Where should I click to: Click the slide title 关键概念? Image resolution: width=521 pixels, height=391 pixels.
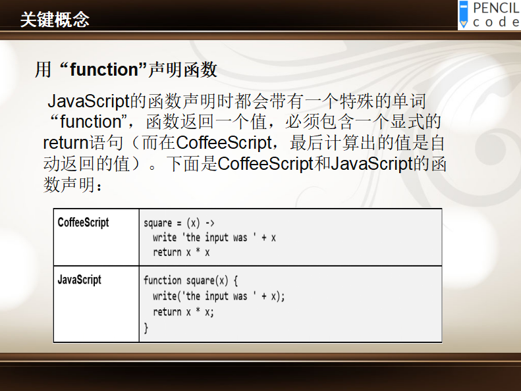[x=55, y=19]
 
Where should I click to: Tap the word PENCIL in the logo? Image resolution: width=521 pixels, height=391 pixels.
[x=497, y=8]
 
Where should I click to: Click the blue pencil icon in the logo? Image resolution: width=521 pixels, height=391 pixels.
[x=463, y=14]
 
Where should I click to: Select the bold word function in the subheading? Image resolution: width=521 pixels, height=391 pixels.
[x=103, y=69]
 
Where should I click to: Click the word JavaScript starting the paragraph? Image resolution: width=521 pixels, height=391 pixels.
[x=88, y=101]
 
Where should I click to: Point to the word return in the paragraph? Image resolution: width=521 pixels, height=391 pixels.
[x=66, y=143]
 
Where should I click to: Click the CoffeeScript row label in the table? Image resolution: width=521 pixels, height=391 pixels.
[x=83, y=222]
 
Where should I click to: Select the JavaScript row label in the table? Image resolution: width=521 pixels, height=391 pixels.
[x=80, y=280]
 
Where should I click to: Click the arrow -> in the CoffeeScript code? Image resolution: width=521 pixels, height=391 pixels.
[x=210, y=223]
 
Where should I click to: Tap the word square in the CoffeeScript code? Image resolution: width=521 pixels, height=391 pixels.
[x=158, y=223]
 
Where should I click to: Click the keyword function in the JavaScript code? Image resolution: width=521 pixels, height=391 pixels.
[x=163, y=280]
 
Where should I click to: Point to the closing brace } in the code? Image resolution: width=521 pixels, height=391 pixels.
[x=146, y=328]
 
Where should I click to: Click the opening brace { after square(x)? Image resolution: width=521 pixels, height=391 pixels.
[x=236, y=280]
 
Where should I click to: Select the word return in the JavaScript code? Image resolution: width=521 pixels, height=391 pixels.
[x=167, y=312]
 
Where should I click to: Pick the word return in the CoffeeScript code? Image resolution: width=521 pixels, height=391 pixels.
[x=167, y=252]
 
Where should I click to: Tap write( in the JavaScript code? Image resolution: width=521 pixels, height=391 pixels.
[x=167, y=296]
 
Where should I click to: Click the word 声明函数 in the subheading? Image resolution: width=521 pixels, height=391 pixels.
[x=182, y=69]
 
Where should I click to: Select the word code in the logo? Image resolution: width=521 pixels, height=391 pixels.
[x=496, y=22]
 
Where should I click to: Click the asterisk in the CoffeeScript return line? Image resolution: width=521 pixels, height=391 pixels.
[x=198, y=250]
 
